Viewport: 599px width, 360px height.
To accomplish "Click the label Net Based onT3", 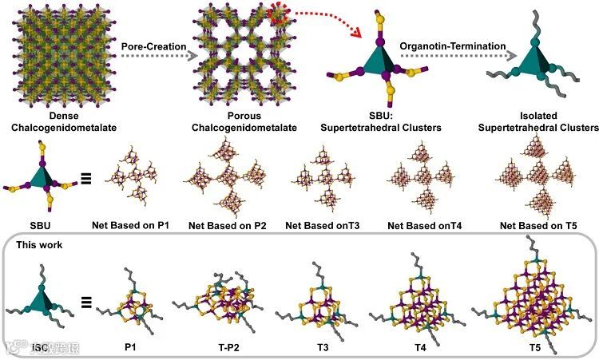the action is [x=323, y=226].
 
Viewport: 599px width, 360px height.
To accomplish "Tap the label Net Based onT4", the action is [x=423, y=226].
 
